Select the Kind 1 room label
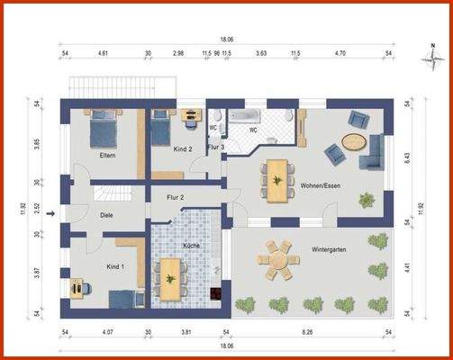pyautogui.click(x=114, y=267)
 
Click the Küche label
pyautogui.click(x=191, y=245)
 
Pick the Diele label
pyautogui.click(x=106, y=214)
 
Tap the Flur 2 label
pyautogui.click(x=176, y=197)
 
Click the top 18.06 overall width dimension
pyautogui.click(x=227, y=40)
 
